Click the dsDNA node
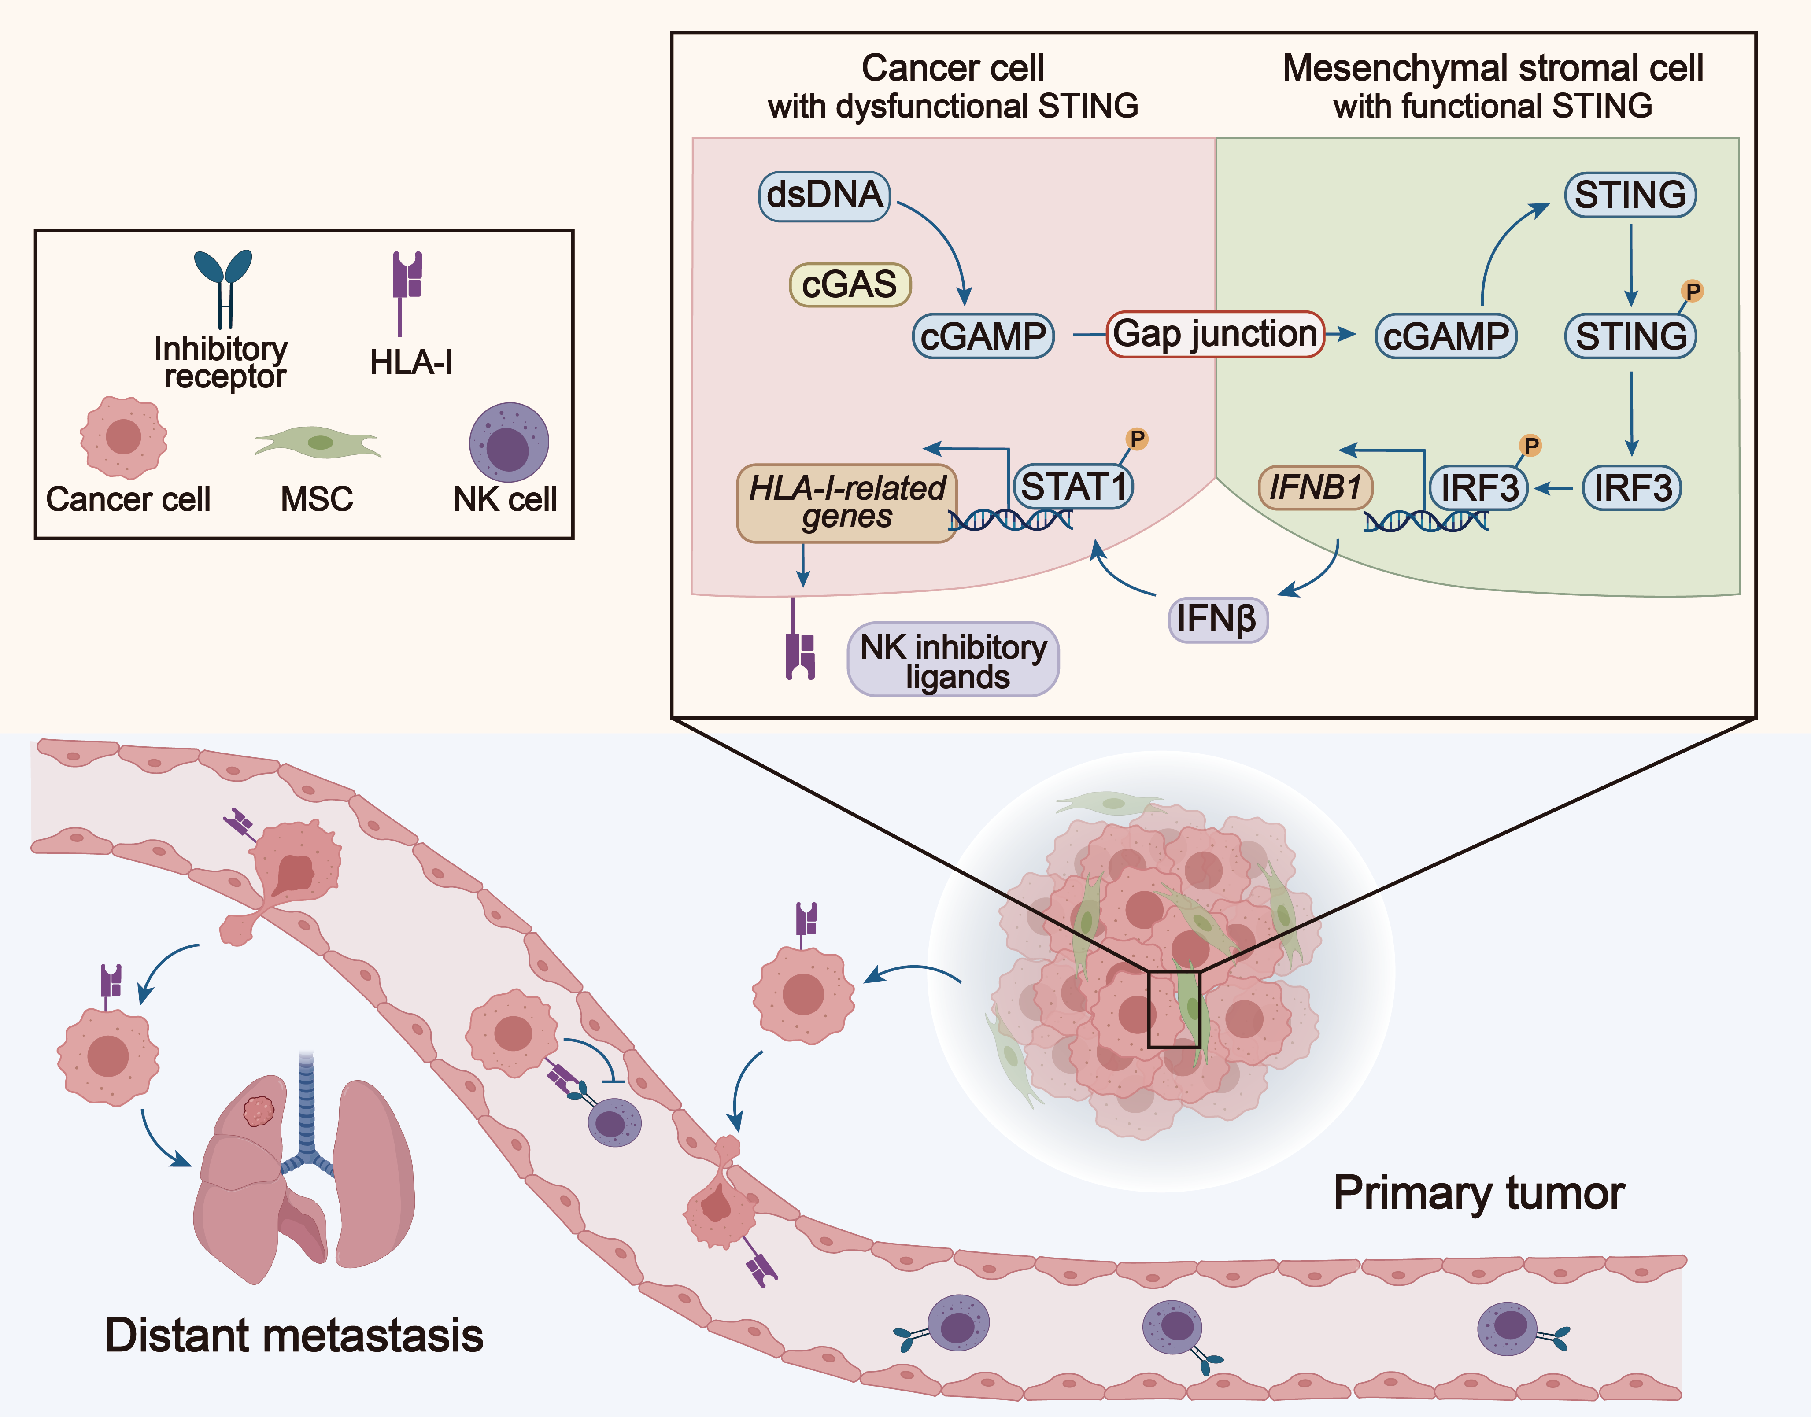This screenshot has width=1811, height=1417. pyautogui.click(x=824, y=196)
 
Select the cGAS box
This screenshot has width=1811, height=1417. pyautogui.click(x=850, y=284)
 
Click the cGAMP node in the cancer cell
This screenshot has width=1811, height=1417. pyautogui.click(x=983, y=336)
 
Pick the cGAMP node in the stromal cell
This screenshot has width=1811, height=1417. pyautogui.click(x=1445, y=336)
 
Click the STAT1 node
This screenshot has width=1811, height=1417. pyautogui.click(x=1073, y=486)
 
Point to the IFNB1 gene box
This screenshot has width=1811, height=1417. pyautogui.click(x=1315, y=487)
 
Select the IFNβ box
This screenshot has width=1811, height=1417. pyautogui.click(x=1217, y=619)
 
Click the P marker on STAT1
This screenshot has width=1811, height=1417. pyautogui.click(x=1137, y=439)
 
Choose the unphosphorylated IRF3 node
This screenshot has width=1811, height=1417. pyautogui.click(x=1631, y=488)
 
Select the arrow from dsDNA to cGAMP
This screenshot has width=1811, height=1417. pyautogui.click(x=946, y=240)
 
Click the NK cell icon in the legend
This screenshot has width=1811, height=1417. pyautogui.click(x=509, y=442)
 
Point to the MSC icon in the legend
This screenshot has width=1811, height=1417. pyautogui.click(x=318, y=442)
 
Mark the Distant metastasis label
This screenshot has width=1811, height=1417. pyautogui.click(x=294, y=1336)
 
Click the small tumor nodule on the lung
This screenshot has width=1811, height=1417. pyautogui.click(x=259, y=1110)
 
